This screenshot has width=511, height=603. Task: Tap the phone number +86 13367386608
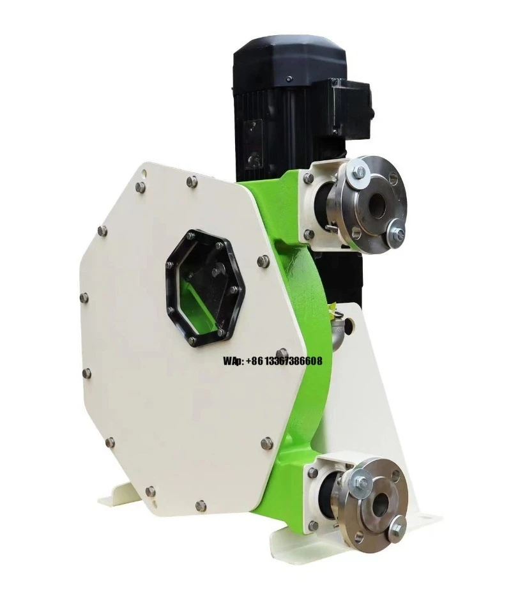click(x=284, y=361)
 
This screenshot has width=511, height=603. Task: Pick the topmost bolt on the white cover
click(x=191, y=182)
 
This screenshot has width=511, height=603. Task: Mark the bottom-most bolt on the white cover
click(x=201, y=505)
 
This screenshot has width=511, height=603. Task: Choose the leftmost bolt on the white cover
click(x=84, y=298)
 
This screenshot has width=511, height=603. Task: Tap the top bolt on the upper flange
click(x=359, y=171)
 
